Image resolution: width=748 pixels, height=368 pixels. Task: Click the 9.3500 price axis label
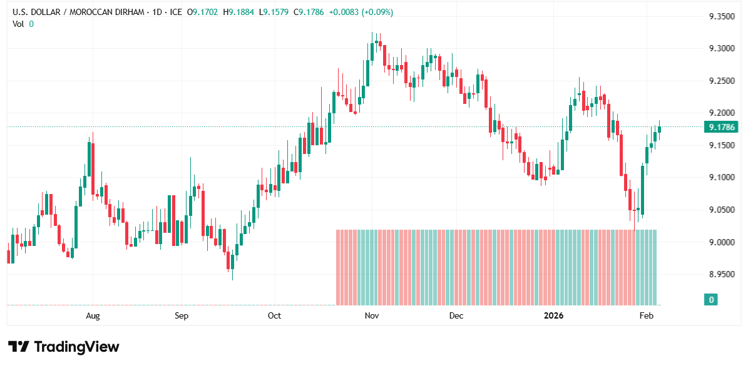click(721, 16)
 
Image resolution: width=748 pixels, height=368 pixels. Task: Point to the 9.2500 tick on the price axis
click(721, 81)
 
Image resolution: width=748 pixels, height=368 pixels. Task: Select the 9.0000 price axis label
click(721, 242)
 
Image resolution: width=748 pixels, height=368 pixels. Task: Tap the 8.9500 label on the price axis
click(721, 274)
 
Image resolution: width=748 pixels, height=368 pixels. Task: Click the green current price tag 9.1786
click(722, 127)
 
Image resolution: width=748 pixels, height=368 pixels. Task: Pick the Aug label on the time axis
click(93, 315)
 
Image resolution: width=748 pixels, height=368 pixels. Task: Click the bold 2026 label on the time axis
click(553, 315)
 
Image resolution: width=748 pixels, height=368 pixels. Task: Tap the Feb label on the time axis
click(647, 315)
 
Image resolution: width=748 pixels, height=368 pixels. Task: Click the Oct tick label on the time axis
click(274, 315)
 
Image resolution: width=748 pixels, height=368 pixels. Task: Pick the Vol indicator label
click(19, 24)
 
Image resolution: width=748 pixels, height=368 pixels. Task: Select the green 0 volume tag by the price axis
click(711, 300)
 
